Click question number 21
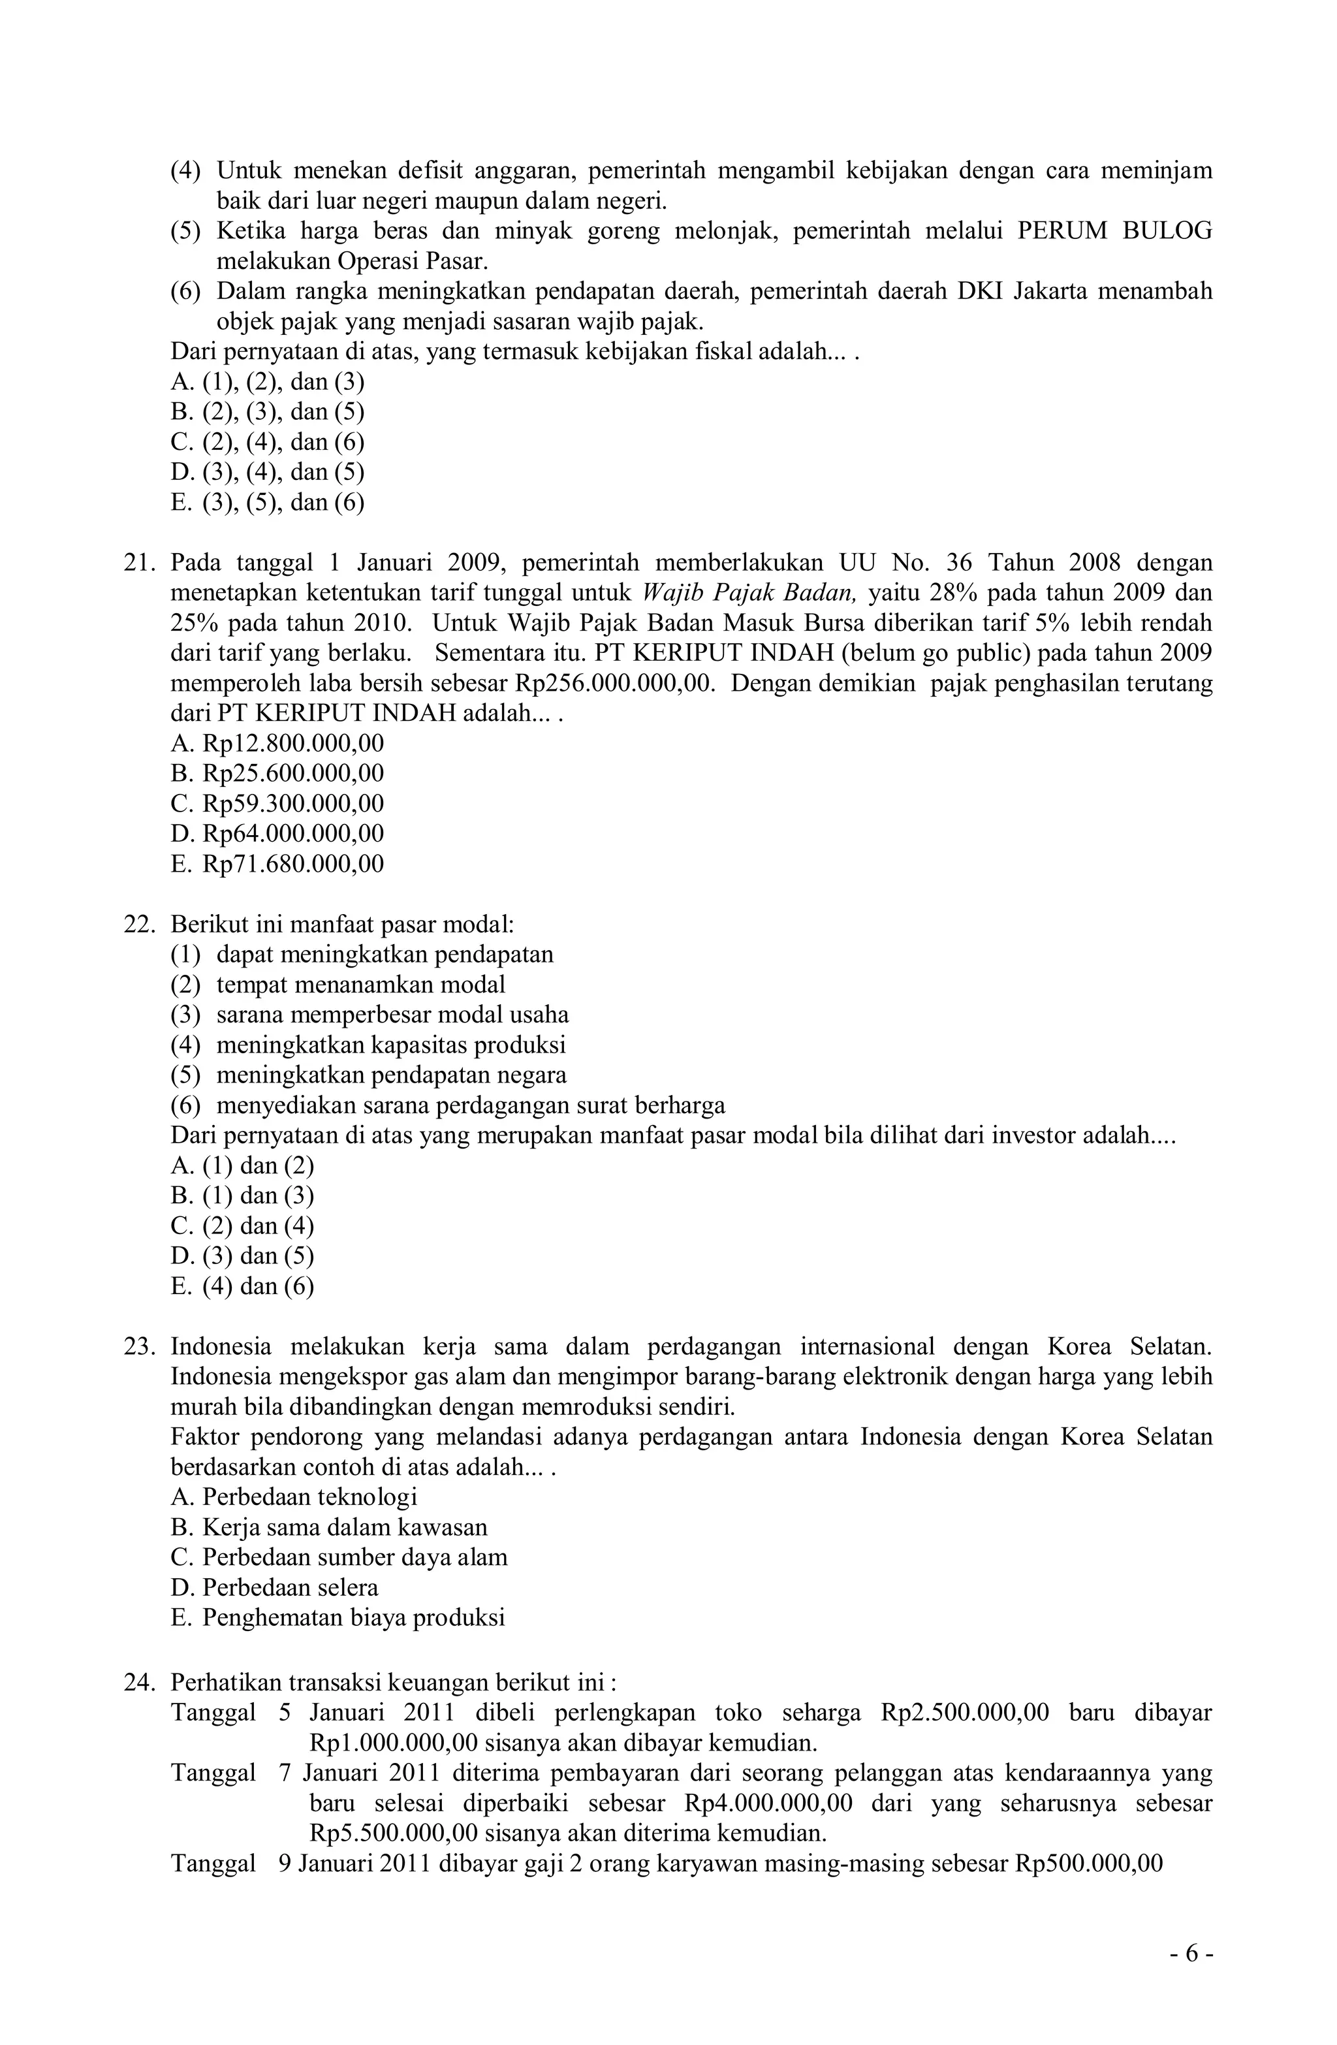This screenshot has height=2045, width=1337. (x=136, y=563)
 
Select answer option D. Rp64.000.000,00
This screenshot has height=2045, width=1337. (x=277, y=833)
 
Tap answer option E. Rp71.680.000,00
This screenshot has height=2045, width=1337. (x=277, y=864)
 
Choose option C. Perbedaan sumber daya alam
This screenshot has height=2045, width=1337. (x=339, y=1558)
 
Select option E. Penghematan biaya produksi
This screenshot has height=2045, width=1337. (x=338, y=1618)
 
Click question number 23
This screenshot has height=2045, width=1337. (x=136, y=1346)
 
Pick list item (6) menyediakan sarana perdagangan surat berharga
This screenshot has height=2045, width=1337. (x=447, y=1105)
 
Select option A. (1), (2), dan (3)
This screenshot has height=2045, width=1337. (x=267, y=381)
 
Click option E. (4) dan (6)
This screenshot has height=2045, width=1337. (x=242, y=1286)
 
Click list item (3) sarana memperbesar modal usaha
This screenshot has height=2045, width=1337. (x=370, y=1015)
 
